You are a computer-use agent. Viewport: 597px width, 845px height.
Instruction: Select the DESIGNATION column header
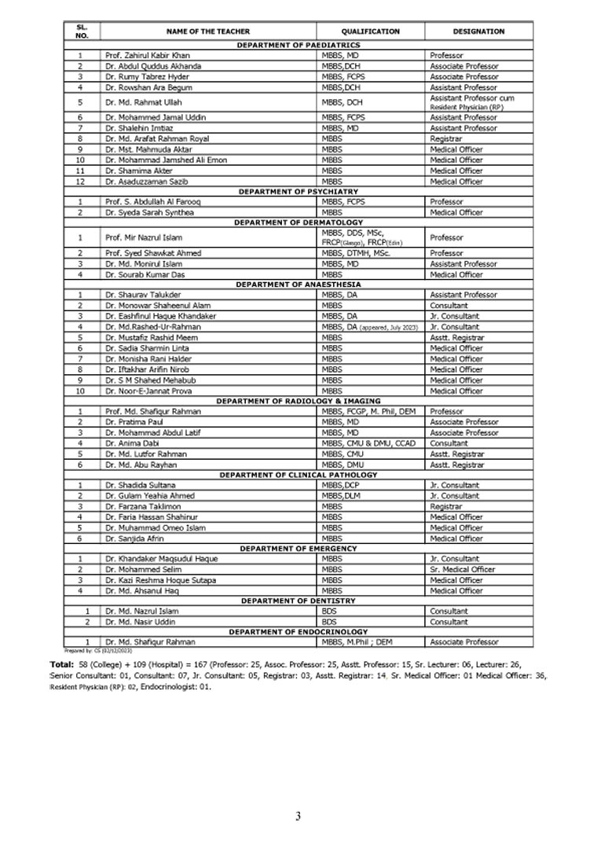478,31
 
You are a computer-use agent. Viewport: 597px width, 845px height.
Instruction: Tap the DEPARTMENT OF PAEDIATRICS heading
298,46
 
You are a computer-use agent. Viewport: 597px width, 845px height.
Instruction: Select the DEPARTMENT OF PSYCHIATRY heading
298,192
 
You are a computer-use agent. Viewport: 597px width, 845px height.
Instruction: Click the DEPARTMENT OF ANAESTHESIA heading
298,285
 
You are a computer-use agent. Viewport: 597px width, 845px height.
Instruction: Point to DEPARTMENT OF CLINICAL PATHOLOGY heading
298,476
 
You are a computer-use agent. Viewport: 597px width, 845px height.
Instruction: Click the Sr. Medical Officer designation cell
463,570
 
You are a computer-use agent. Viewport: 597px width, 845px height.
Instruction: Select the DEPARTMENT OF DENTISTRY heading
298,601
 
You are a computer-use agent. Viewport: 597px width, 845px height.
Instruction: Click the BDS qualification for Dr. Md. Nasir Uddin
328,622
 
